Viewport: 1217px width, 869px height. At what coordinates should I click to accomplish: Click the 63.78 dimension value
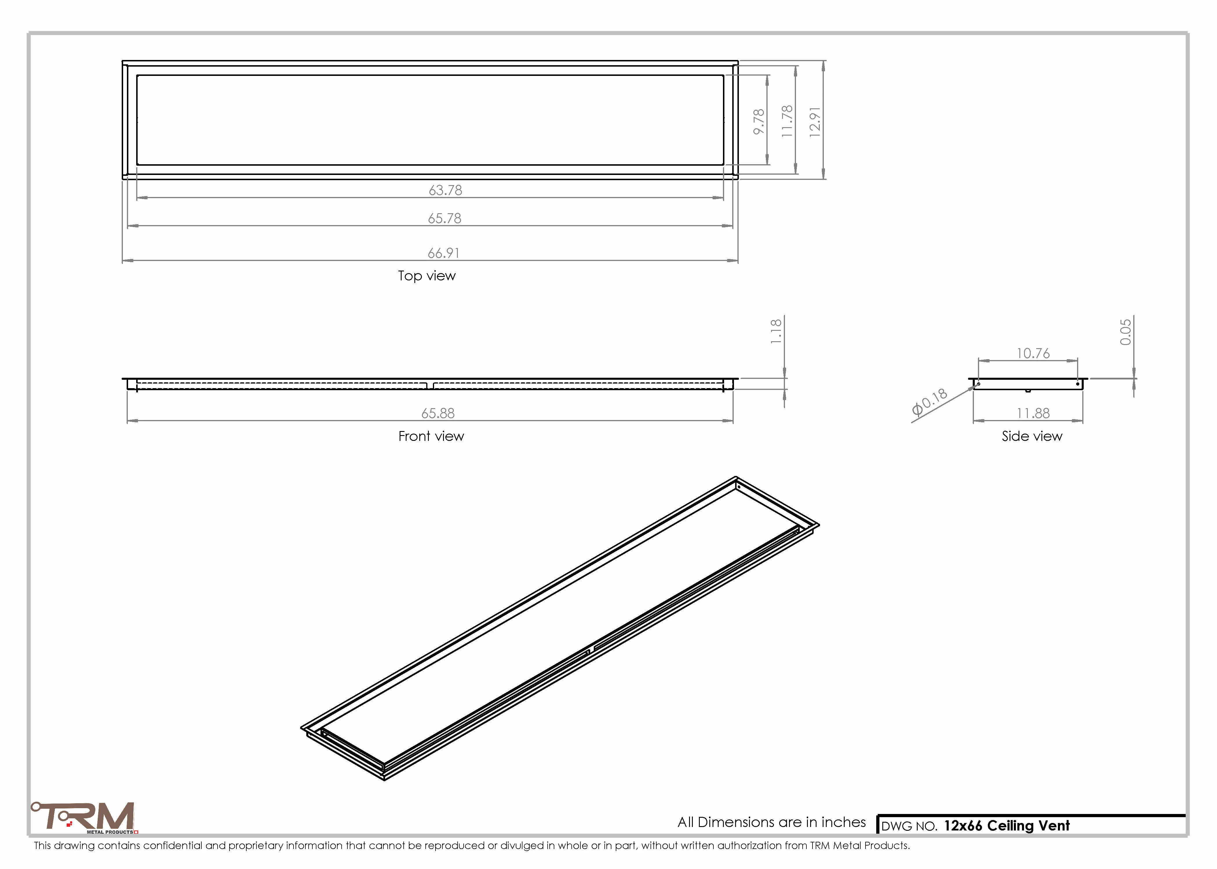(445, 190)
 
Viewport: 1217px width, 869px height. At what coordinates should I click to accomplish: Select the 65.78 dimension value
(444, 218)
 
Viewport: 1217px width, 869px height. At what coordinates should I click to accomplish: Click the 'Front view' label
(431, 436)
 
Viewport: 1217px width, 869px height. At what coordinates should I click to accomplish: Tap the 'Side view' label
(1032, 436)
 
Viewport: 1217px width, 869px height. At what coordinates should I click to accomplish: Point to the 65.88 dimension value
(438, 413)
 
